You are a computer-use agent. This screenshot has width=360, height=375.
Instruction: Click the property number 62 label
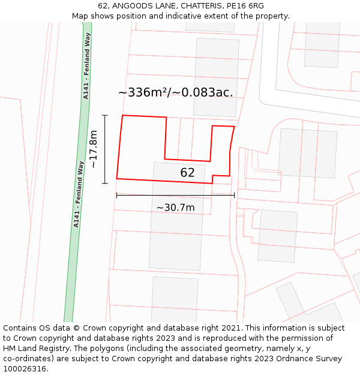tap(187, 173)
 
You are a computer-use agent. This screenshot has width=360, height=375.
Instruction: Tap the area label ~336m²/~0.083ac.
tap(175, 92)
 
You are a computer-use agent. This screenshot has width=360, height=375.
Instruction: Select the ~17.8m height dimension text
tap(93, 149)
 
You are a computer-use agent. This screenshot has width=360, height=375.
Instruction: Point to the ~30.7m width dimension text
tap(175, 208)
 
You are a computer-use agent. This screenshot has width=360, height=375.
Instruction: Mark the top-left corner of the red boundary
tap(123, 115)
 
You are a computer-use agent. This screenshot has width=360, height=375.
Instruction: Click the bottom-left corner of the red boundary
tap(116, 178)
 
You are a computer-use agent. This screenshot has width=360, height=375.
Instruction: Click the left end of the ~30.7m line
tap(116, 195)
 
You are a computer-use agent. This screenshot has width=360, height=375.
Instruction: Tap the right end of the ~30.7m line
tap(234, 195)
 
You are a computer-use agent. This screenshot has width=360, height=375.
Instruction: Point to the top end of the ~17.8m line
tap(105, 115)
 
